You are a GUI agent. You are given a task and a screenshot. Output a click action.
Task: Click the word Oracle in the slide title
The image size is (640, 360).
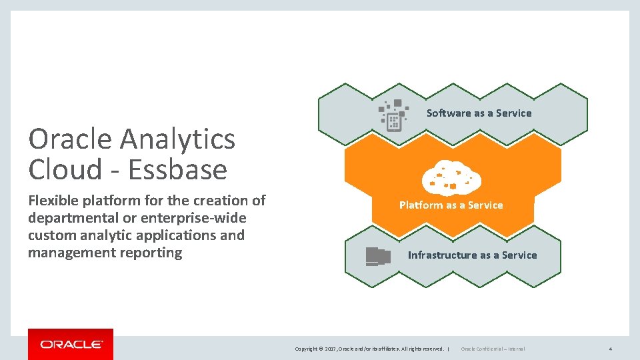pos(70,139)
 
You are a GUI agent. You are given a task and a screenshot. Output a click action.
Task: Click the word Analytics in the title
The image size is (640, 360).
pos(177,139)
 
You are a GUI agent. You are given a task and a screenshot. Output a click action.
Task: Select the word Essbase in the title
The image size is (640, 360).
pos(177,170)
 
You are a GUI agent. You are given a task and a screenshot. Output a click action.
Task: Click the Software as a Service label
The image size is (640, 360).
pos(479,113)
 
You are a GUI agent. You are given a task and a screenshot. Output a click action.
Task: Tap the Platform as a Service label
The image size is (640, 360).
pos(451,205)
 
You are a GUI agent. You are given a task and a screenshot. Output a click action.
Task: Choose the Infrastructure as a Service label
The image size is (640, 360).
pos(472,255)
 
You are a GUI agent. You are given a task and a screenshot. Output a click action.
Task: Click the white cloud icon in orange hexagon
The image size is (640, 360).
pos(451,177)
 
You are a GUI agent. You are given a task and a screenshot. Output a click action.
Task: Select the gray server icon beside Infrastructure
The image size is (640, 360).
pos(378,256)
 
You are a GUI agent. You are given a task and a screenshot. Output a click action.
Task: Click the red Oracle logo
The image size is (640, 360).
pos(71,344)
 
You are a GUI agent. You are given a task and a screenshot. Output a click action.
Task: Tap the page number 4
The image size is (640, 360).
pos(610,349)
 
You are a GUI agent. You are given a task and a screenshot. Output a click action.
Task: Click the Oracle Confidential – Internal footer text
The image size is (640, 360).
pos(493,349)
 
